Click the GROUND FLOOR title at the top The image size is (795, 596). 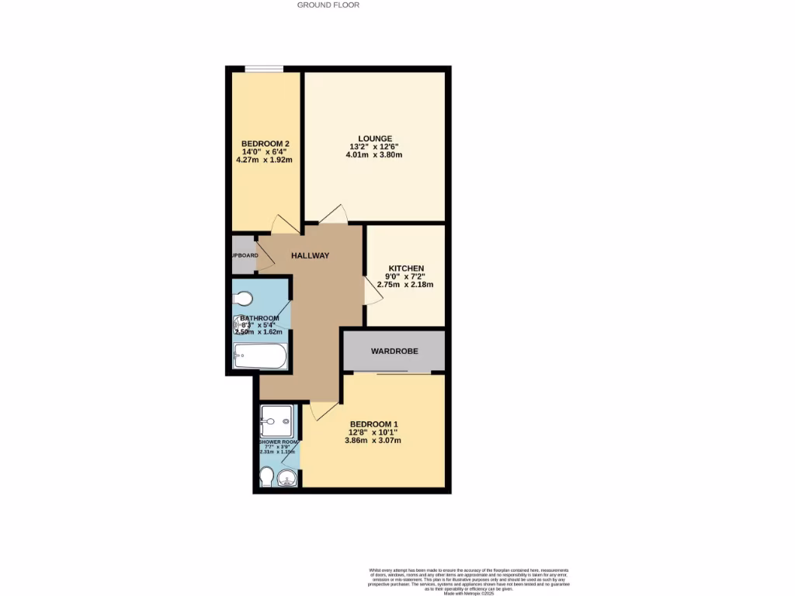click(x=328, y=5)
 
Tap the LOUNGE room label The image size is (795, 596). click(x=374, y=139)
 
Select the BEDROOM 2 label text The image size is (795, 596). click(x=265, y=144)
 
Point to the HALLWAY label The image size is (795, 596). click(x=311, y=256)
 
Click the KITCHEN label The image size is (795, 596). click(x=405, y=269)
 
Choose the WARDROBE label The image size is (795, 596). click(x=394, y=352)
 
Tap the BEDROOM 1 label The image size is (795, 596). click(x=373, y=424)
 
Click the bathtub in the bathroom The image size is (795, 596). click(x=260, y=358)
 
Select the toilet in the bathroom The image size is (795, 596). click(x=243, y=298)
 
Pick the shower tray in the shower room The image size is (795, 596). click(x=277, y=421)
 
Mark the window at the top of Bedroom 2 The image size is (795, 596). click(x=258, y=70)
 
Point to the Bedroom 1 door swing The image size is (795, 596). click(x=322, y=411)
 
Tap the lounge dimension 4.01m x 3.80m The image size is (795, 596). click(x=374, y=154)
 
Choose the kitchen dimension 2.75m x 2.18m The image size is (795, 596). click(x=405, y=284)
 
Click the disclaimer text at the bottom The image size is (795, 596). click(x=469, y=580)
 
